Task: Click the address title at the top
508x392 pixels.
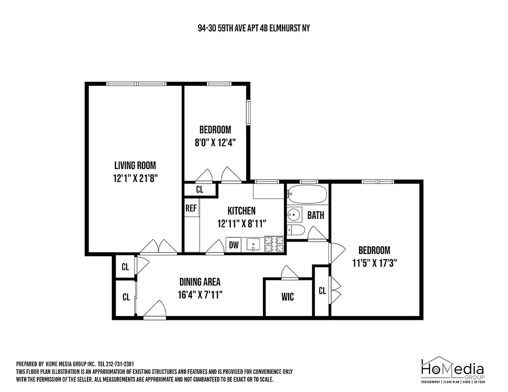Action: pyautogui.click(x=251, y=28)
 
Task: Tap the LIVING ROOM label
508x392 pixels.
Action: pyautogui.click(x=135, y=166)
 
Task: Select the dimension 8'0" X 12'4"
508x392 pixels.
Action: pyautogui.click(x=215, y=143)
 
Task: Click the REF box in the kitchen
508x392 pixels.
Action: pyautogui.click(x=191, y=208)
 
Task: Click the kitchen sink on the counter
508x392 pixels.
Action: pyautogui.click(x=254, y=244)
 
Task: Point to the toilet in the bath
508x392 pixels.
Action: pyautogui.click(x=296, y=231)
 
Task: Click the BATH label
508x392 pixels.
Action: pyautogui.click(x=316, y=215)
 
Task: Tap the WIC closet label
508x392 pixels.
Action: pyautogui.click(x=288, y=297)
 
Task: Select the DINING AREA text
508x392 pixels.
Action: pyautogui.click(x=200, y=282)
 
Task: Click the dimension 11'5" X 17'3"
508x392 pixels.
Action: pyautogui.click(x=374, y=263)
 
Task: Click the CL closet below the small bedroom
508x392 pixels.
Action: pyautogui.click(x=200, y=190)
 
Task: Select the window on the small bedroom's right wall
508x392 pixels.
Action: pyautogui.click(x=249, y=113)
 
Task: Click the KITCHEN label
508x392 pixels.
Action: pyautogui.click(x=241, y=211)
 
